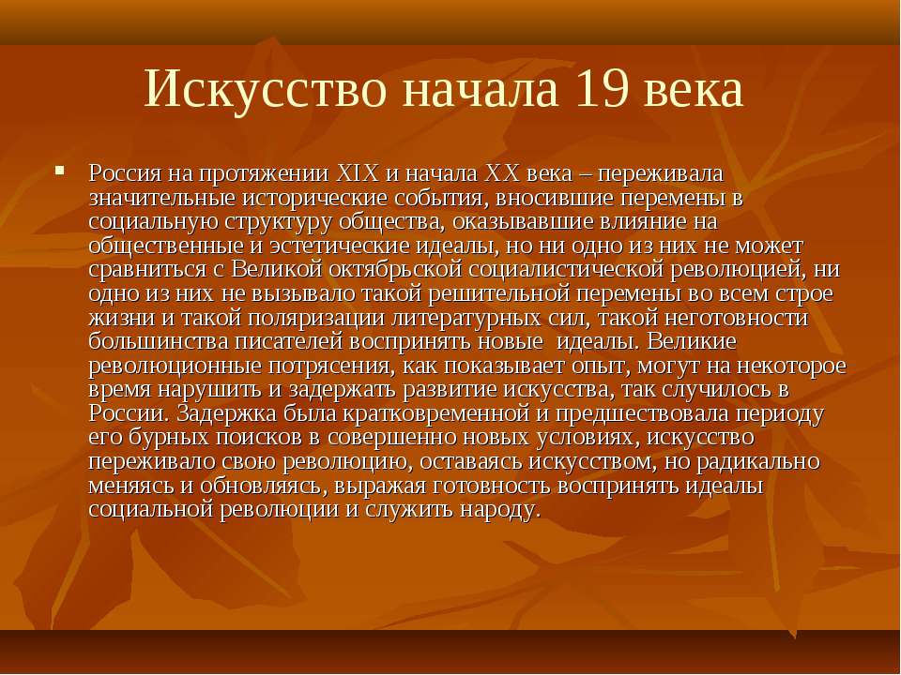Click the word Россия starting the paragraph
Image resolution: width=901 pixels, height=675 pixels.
[x=125, y=174]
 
